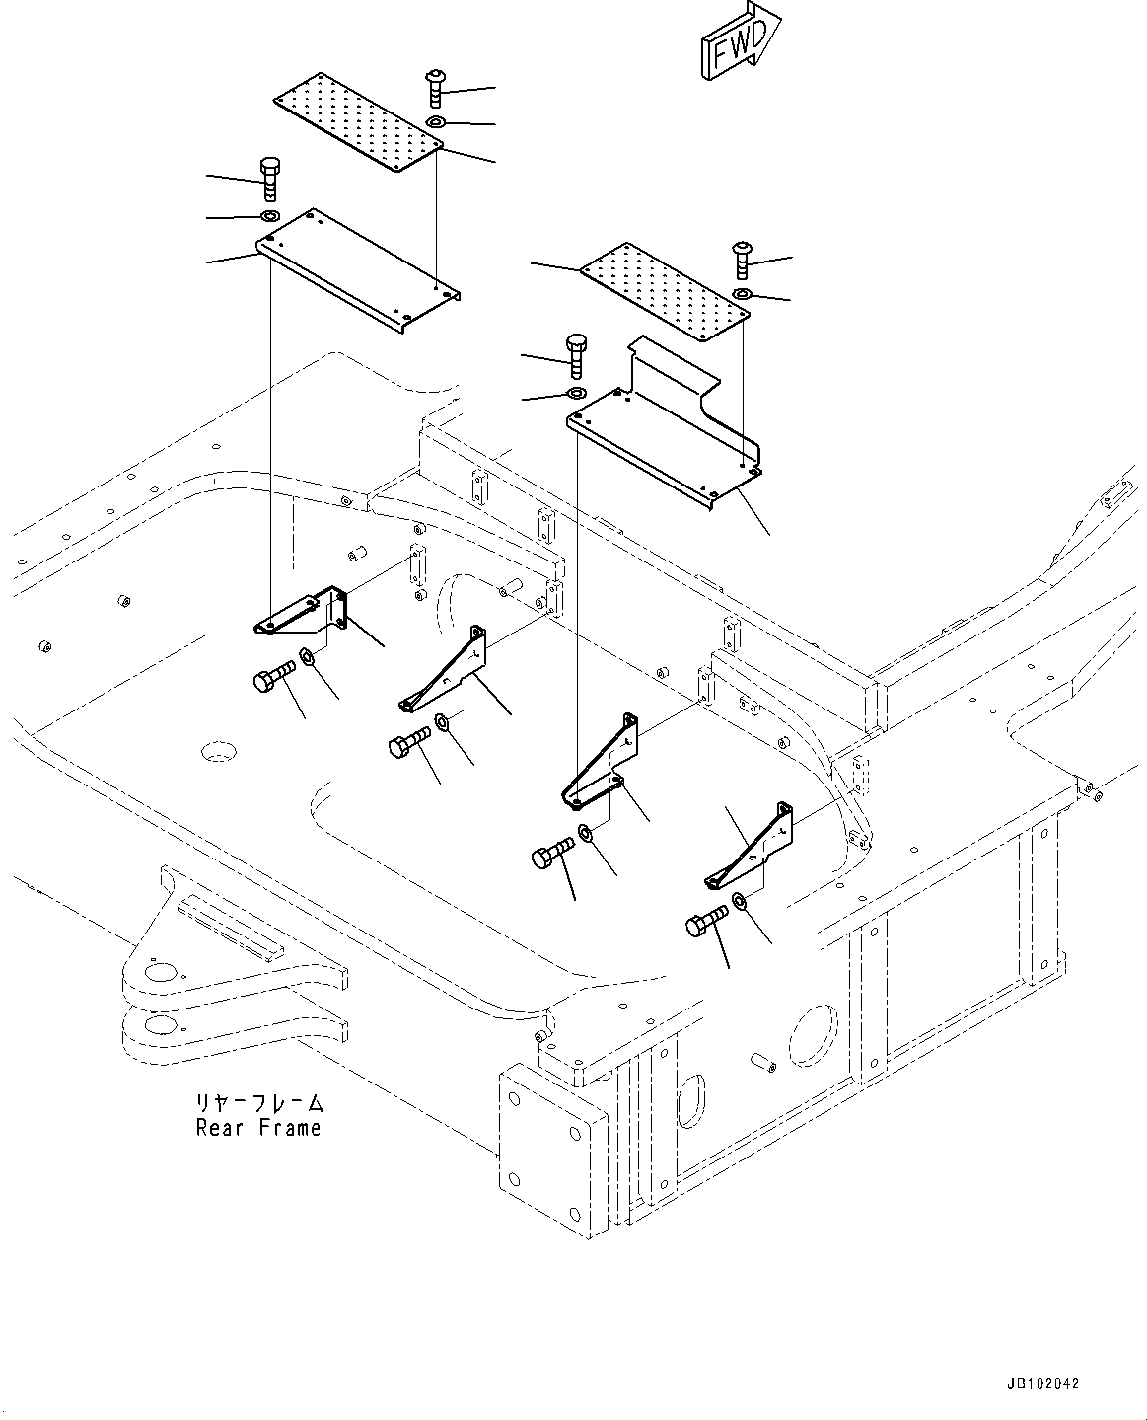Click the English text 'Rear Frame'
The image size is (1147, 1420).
tap(258, 1127)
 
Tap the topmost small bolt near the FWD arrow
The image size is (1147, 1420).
tap(436, 88)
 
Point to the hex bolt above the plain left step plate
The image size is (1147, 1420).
tap(269, 177)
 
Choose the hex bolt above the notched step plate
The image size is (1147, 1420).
tap(576, 355)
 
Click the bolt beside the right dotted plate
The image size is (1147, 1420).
tap(742, 261)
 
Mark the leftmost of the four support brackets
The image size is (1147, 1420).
tap(300, 614)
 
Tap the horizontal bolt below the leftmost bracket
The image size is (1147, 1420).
tap(273, 677)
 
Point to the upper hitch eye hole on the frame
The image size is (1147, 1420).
tap(158, 973)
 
